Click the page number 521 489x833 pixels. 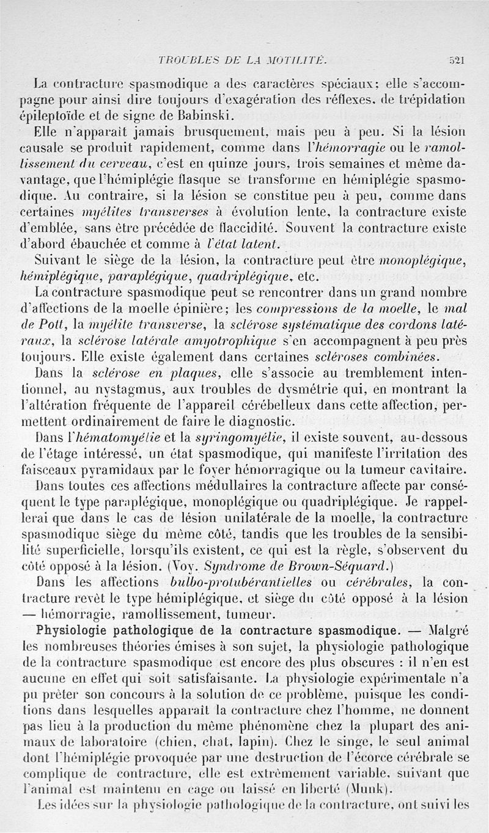[456, 60]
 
